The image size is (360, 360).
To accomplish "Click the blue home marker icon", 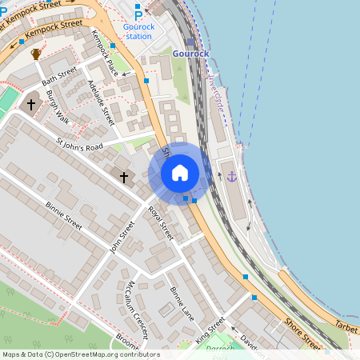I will coord(180,173).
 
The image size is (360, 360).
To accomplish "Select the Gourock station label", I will coord(138,31).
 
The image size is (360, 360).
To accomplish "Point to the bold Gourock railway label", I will coord(190,54).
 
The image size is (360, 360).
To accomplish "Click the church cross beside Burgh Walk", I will coord(32,104).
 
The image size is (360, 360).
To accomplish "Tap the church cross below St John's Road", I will coord(124,176).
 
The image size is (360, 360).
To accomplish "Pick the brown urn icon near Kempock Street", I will coord(36,54).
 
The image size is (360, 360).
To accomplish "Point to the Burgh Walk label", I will coord(58,106).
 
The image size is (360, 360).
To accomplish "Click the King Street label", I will coord(210,330).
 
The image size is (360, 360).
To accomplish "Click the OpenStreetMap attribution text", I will coord(80,354).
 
